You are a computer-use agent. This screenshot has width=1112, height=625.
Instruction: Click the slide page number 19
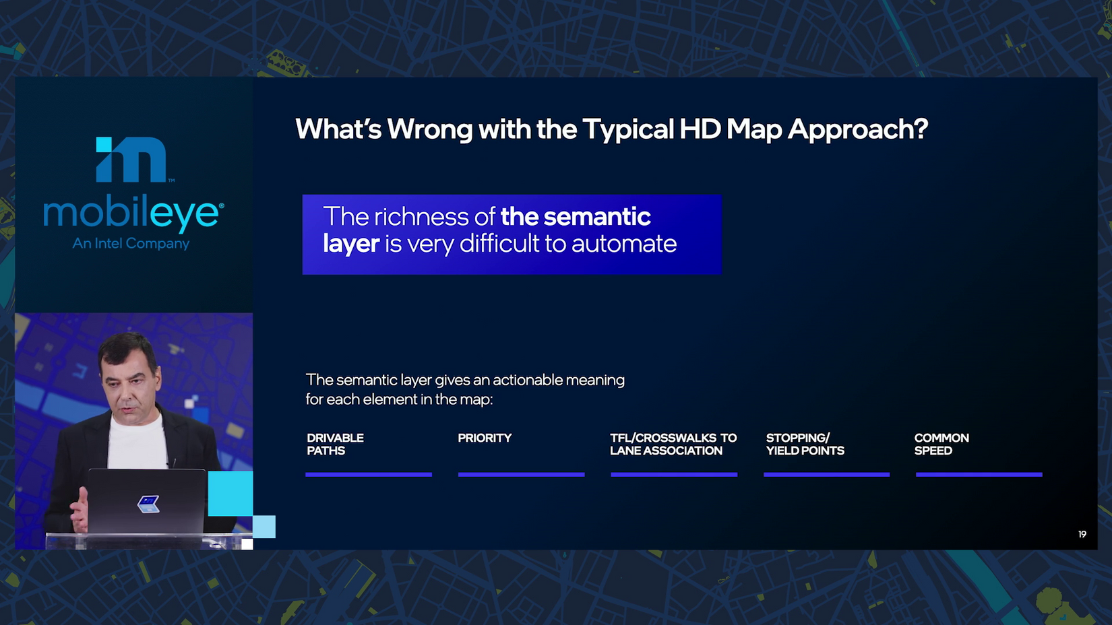tap(1082, 534)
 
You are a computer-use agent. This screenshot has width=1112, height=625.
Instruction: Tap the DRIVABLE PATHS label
tap(335, 445)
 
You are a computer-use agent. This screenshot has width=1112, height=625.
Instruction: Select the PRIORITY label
tap(485, 438)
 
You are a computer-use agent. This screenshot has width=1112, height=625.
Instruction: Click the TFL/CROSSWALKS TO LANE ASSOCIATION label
tap(673, 445)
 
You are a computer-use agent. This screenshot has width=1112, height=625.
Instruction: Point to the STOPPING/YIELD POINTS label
tap(805, 445)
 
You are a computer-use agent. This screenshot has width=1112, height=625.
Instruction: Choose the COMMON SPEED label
tap(941, 445)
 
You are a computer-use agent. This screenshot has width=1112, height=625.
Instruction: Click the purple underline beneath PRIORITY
tap(521, 475)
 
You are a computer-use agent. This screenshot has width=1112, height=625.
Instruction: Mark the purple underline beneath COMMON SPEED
tap(979, 475)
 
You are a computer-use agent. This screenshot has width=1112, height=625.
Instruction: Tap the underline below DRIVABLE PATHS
tap(369, 475)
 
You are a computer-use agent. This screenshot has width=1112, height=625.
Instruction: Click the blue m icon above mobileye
tap(131, 159)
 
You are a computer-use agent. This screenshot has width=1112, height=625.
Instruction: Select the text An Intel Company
tap(131, 243)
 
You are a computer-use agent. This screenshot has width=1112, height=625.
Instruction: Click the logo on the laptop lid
tap(148, 504)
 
